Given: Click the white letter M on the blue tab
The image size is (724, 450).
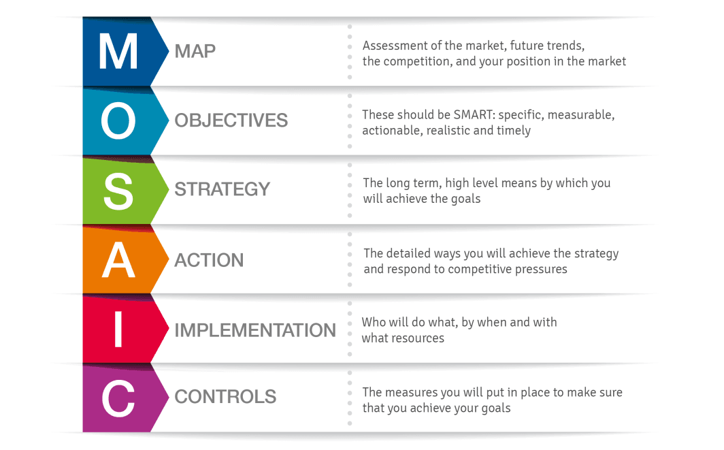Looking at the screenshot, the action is (x=118, y=51).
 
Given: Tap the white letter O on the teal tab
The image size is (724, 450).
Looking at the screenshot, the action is (x=118, y=120).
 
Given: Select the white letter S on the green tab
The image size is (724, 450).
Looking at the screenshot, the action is (x=118, y=191).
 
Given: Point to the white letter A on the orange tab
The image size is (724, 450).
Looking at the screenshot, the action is (x=118, y=260).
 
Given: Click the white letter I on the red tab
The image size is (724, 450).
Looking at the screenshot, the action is (x=118, y=329).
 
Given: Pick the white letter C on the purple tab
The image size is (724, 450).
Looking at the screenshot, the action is (x=118, y=399).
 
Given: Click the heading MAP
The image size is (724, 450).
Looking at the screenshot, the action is (x=195, y=51).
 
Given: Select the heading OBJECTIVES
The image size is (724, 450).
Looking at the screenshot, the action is (x=231, y=120).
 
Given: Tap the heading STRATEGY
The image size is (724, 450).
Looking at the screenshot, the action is (x=222, y=189).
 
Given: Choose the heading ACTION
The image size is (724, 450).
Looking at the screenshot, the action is (x=209, y=260).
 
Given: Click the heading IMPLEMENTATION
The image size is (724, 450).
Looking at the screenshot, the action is (x=255, y=330).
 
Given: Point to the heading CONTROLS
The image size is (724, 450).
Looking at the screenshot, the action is (x=225, y=397).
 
